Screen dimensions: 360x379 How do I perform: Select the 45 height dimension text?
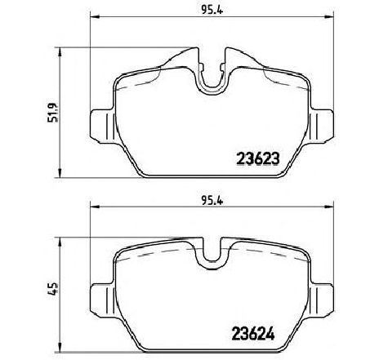coord(50,289)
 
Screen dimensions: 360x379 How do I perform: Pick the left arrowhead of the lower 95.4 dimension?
coord(91,207)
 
